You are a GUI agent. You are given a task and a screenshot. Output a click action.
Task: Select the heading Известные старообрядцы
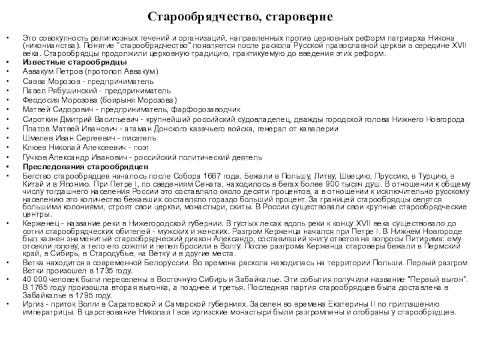tap(74, 62)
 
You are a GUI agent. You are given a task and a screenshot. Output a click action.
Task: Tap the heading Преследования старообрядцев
tap(82, 166)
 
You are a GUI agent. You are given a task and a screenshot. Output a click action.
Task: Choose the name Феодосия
tap(41, 100)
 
